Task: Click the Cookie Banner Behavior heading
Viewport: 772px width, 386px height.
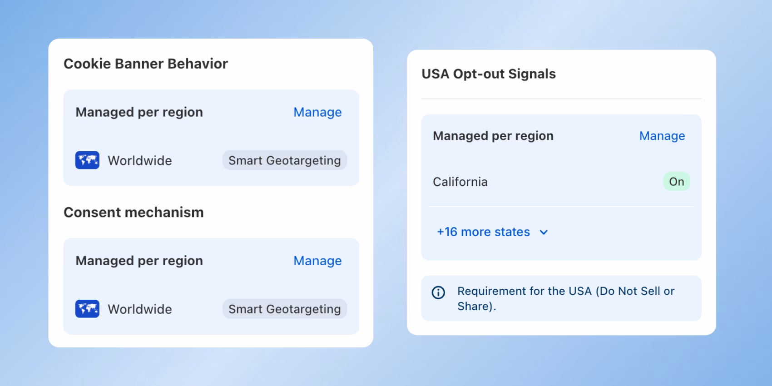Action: pos(145,64)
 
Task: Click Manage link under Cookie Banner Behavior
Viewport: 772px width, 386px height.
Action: pos(317,112)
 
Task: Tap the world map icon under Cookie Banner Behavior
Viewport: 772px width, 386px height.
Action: pos(87,160)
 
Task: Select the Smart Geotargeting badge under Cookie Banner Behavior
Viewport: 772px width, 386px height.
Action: pos(285,160)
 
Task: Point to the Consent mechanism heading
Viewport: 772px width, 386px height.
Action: pos(134,212)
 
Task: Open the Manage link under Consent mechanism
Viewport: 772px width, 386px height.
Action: pos(317,261)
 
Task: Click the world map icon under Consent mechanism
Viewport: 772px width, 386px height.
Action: pos(87,309)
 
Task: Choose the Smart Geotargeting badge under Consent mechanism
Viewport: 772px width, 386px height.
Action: pos(285,309)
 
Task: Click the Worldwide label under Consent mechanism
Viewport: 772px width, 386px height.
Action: pos(140,309)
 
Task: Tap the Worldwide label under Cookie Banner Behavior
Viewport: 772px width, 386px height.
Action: pos(140,161)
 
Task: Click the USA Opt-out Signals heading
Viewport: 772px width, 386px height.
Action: pos(489,74)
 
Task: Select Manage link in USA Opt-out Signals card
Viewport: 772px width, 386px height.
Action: pos(662,136)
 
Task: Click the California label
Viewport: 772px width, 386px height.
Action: pos(460,182)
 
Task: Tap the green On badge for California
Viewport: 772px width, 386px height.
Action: pos(676,182)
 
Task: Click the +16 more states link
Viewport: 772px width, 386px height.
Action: pos(483,232)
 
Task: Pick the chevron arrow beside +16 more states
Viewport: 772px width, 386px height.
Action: pos(544,233)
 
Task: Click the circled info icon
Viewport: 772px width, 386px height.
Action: pos(438,292)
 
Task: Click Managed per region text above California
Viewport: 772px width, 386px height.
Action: pos(493,136)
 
